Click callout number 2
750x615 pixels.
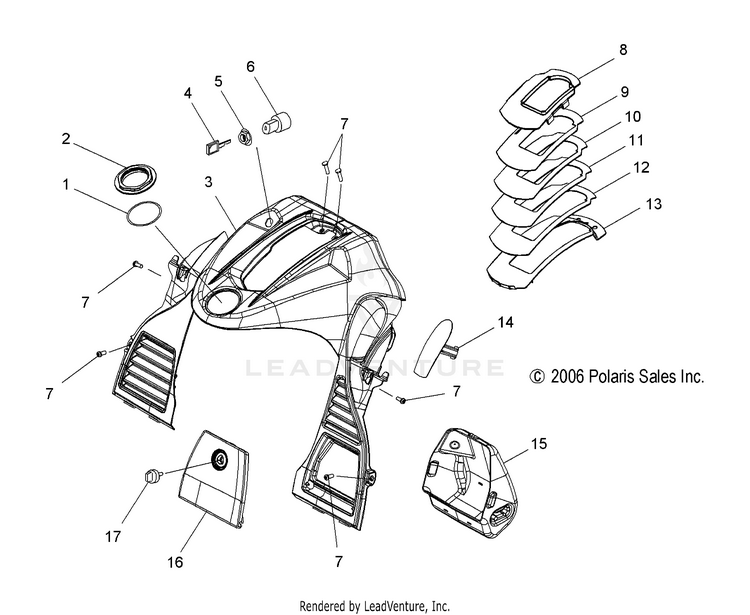66,139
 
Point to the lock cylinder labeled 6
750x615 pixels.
274,125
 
